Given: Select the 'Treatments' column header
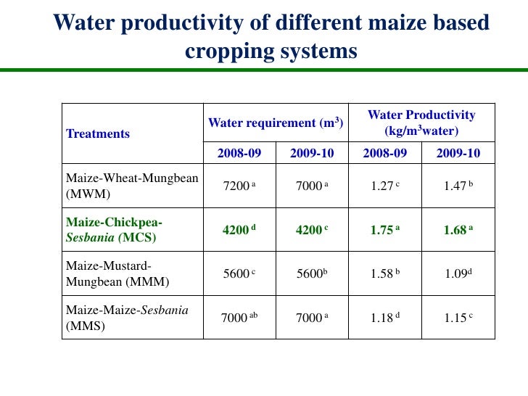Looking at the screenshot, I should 98,133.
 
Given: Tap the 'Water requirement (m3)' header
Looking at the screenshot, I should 276,123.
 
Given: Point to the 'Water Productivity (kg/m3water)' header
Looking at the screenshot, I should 421,123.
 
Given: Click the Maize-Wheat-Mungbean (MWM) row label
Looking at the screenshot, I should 132,185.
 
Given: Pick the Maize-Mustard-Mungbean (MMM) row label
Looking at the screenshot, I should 110,273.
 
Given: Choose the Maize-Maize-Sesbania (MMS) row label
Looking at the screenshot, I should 127,318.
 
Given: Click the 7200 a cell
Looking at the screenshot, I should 239,186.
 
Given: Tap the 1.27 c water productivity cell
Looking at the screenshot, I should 385,186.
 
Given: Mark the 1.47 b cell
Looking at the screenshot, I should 458,186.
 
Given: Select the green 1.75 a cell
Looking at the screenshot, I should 385,230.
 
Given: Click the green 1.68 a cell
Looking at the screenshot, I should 458,230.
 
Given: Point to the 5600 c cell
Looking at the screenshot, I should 239,274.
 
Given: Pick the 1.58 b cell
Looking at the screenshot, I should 385,274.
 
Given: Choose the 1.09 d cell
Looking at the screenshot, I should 458,274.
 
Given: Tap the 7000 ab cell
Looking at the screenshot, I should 239,318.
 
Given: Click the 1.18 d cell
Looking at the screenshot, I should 385,318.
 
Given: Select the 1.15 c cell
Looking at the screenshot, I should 458,318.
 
